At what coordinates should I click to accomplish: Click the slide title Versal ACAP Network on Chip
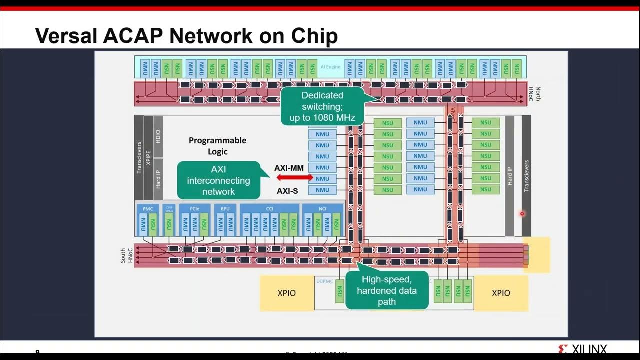(186, 36)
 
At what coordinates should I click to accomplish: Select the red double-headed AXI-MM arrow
(295, 177)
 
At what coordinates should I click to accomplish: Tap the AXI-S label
(287, 191)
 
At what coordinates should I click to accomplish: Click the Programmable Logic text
(217, 146)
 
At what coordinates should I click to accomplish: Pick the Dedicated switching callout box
(322, 106)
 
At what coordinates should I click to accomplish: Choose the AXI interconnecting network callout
(218, 180)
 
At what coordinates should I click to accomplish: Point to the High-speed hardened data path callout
(387, 290)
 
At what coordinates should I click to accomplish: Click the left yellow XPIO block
(287, 293)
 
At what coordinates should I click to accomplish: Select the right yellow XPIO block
(501, 293)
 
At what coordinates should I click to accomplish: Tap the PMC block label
(148, 208)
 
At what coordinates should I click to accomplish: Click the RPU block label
(225, 208)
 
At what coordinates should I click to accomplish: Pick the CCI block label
(270, 208)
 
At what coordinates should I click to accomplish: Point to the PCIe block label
(195, 208)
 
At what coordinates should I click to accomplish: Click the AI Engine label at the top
(330, 67)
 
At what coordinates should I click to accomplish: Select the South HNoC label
(126, 255)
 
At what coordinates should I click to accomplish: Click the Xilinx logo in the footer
(582, 349)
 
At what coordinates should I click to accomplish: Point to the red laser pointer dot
(522, 214)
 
